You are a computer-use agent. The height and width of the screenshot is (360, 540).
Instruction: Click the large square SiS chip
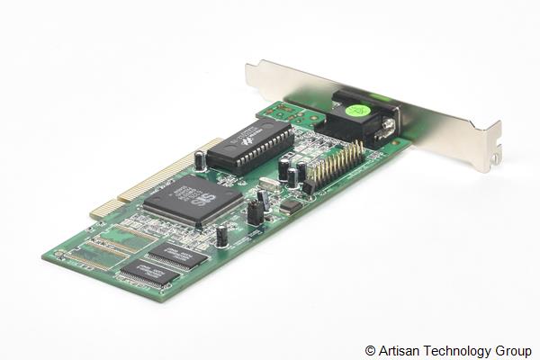click(192, 199)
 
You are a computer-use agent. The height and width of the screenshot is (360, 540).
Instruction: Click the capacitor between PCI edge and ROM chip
click(200, 160)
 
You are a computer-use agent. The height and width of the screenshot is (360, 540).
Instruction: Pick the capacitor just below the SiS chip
click(221, 236)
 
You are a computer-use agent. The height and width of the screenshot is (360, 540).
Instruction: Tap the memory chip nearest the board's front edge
click(144, 273)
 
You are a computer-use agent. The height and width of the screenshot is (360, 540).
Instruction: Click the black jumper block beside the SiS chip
click(256, 211)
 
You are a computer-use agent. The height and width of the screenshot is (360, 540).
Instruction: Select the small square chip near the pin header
click(290, 205)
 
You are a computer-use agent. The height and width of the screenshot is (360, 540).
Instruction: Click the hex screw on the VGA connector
click(388, 132)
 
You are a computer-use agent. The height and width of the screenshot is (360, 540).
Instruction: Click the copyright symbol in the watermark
click(371, 350)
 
